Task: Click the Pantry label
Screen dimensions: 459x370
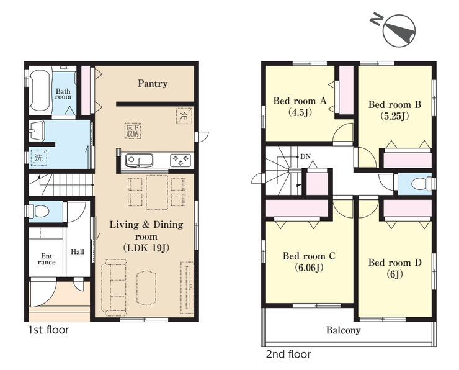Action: point(153,84)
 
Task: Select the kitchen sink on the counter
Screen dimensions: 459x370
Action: point(139,160)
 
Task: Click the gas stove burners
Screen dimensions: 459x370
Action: point(180,160)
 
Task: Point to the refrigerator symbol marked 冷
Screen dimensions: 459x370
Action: point(184,115)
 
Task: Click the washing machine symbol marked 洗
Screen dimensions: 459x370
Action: point(39,158)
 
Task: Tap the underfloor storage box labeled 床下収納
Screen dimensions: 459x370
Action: point(132,130)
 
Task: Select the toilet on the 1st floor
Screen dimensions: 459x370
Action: point(41,211)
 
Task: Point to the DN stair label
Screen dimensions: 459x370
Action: point(305,156)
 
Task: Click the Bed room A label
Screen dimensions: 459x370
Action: point(300,101)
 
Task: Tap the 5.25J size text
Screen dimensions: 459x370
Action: point(394,116)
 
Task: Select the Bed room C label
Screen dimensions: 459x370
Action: point(309,256)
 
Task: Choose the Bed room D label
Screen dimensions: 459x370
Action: point(395,263)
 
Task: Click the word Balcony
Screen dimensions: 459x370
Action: point(344,330)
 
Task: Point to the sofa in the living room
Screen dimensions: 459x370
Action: point(114,287)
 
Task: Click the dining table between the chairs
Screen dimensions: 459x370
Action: point(157,192)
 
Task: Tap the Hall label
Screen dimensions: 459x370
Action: point(78,251)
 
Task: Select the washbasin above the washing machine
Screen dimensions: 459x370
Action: point(37,131)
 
